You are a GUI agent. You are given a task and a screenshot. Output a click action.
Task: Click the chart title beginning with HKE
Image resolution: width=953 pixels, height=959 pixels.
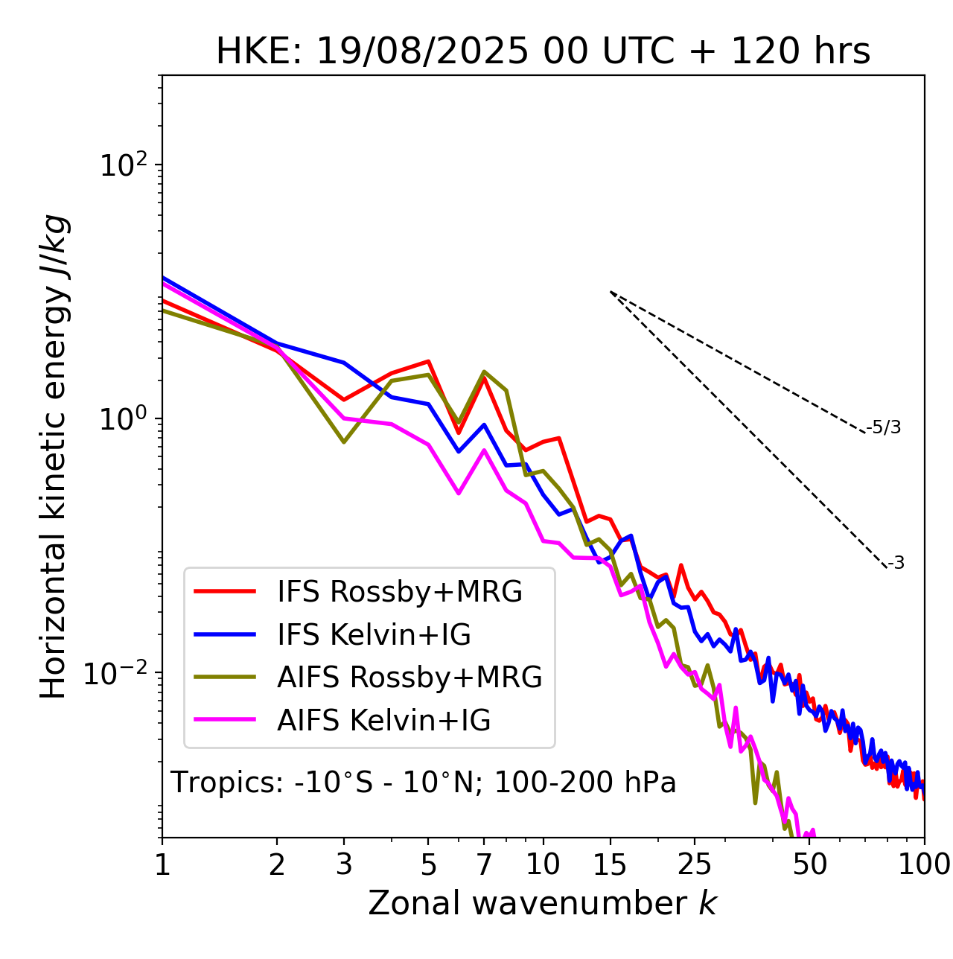(543, 51)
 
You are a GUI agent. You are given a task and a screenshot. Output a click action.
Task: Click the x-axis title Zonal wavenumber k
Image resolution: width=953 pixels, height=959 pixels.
(542, 902)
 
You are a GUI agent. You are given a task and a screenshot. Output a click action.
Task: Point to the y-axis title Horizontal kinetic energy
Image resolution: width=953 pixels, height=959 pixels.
(54, 456)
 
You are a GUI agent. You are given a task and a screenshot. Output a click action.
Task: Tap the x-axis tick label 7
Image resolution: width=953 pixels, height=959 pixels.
(484, 864)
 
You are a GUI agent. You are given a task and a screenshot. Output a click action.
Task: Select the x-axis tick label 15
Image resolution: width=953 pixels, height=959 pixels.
(610, 864)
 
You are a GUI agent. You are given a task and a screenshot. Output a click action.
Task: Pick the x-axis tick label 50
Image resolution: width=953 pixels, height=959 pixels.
(809, 864)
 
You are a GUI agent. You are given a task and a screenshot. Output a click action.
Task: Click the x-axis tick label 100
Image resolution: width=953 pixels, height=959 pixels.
(924, 864)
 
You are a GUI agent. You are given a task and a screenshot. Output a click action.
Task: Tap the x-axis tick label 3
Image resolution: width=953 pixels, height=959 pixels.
(344, 864)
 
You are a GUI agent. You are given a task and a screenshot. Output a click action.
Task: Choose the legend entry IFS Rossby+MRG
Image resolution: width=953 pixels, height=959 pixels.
(399, 592)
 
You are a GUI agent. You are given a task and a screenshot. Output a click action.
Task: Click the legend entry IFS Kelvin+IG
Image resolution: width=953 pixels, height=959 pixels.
(374, 635)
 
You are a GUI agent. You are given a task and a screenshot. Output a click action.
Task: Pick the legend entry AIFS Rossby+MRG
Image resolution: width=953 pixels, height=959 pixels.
(409, 678)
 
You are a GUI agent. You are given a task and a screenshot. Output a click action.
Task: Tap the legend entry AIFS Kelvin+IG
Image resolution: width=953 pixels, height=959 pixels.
(383, 721)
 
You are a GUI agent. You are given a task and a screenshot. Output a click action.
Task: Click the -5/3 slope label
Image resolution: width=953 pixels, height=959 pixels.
(884, 427)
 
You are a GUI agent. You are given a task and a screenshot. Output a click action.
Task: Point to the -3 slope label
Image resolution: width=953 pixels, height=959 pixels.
(896, 564)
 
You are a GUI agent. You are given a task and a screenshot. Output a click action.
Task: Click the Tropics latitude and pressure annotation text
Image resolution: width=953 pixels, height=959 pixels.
(423, 783)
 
